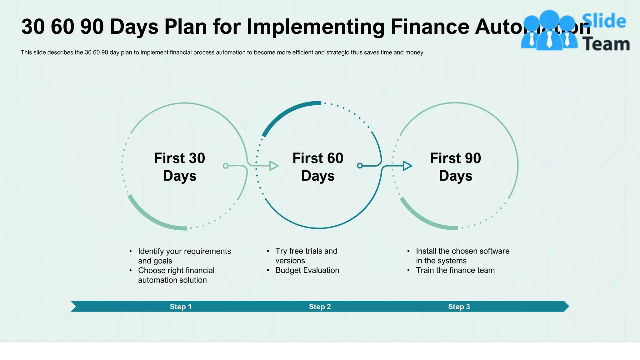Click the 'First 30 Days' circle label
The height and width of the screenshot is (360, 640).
point(179,167)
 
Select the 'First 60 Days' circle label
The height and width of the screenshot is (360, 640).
point(318,167)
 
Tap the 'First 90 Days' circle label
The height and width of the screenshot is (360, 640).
point(456,167)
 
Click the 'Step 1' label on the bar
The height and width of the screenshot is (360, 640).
point(180,307)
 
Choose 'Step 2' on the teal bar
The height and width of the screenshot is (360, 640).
point(320,307)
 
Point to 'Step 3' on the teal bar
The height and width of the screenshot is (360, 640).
point(459,307)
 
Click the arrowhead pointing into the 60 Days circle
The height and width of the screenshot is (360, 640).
point(274,166)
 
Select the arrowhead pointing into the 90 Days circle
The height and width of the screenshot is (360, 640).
point(407,166)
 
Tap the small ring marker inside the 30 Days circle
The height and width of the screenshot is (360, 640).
point(226,166)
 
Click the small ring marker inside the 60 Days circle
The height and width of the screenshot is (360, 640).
point(360,165)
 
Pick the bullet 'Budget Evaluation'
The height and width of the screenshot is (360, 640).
point(307,270)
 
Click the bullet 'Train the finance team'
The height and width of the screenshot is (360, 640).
point(455,270)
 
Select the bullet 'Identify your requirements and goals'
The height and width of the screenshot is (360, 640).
point(184,256)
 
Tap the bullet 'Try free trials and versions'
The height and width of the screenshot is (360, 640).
point(306,256)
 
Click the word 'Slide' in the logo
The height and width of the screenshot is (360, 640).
point(604,21)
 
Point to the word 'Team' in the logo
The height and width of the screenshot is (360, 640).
point(606,44)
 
